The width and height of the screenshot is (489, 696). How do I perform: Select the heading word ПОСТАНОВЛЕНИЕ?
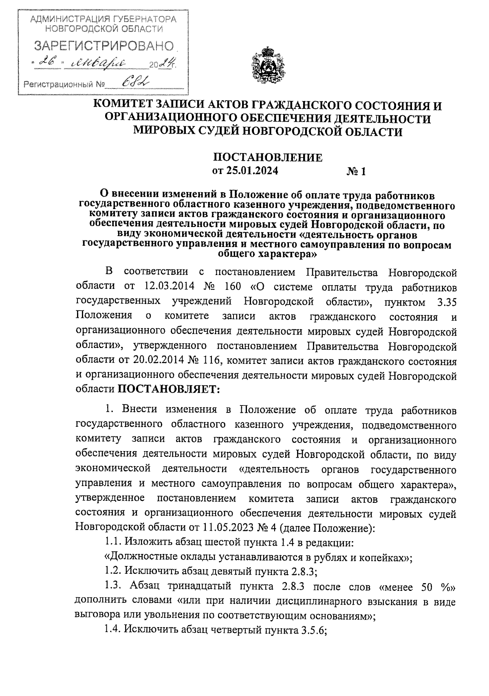coord(268,157)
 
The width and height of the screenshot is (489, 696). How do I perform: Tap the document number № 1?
coord(356,172)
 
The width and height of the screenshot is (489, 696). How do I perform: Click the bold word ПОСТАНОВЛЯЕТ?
coord(169,389)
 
